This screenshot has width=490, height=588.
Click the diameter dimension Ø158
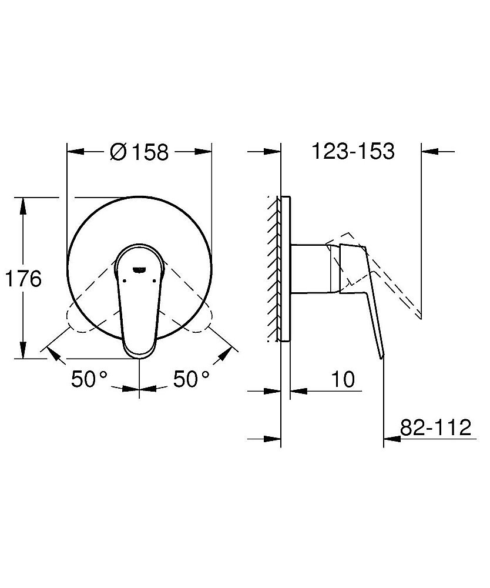click(x=139, y=152)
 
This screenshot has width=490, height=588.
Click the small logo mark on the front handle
click(x=140, y=269)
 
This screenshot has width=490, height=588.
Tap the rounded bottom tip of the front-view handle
click(x=139, y=352)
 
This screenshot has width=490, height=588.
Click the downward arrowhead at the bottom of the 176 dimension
click(x=24, y=352)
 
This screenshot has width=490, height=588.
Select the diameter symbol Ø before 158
click(x=118, y=152)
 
